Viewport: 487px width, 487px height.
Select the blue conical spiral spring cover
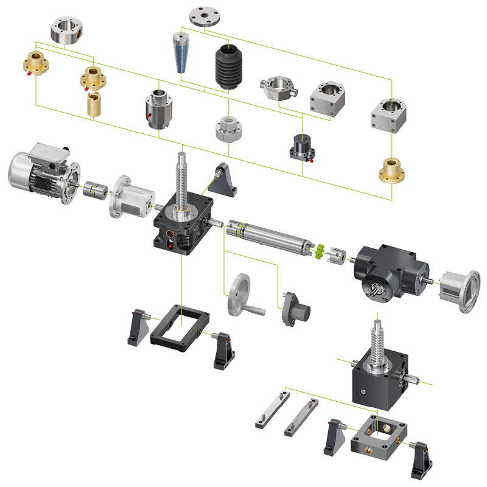pos(180,52)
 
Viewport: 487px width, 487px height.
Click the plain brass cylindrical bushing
pos(93,104)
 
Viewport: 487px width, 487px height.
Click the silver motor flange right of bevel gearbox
pos(460,291)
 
